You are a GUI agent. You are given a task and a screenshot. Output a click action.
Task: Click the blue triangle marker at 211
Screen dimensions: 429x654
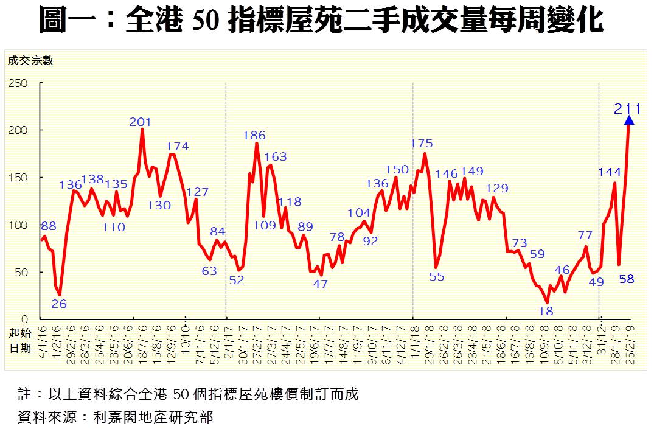pos(629,120)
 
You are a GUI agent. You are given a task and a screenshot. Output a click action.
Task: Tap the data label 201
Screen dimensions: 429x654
pos(140,122)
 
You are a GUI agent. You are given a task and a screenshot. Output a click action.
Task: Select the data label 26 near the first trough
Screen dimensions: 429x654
pos(59,304)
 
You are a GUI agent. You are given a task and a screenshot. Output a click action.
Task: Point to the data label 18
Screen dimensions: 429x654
pos(546,310)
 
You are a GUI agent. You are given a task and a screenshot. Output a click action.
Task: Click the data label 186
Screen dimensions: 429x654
pos(254,136)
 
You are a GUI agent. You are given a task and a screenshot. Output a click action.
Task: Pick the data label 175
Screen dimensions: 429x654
pos(422,144)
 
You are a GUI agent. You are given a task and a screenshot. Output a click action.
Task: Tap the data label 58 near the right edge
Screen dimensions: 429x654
pos(627,279)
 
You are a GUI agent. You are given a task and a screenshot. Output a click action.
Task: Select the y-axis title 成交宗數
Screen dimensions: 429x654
pos(30,60)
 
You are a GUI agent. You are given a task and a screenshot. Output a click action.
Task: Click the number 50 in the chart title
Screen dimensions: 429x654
pos(204,21)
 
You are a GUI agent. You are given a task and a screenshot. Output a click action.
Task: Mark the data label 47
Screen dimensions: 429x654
pos(321,284)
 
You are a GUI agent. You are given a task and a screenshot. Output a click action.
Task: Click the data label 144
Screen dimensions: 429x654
pos(609,172)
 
